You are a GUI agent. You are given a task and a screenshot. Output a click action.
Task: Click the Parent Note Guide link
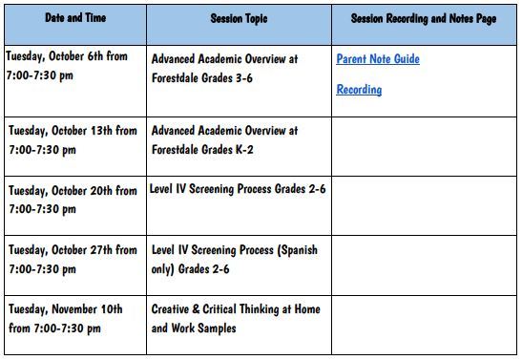coord(378,59)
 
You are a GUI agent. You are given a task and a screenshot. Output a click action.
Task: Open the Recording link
coord(359,90)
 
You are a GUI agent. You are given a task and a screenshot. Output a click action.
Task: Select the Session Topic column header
coord(239,19)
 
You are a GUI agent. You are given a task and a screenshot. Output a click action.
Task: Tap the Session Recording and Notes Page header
coord(424,19)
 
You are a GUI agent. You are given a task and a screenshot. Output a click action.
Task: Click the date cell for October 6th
coord(73,67)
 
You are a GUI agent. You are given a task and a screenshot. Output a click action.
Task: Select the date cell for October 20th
coord(73,200)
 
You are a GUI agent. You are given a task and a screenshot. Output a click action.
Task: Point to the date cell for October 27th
coord(73,260)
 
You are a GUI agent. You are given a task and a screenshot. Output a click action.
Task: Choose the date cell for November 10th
coord(73,319)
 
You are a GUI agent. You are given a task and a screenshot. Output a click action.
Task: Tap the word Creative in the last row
coord(174,310)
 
